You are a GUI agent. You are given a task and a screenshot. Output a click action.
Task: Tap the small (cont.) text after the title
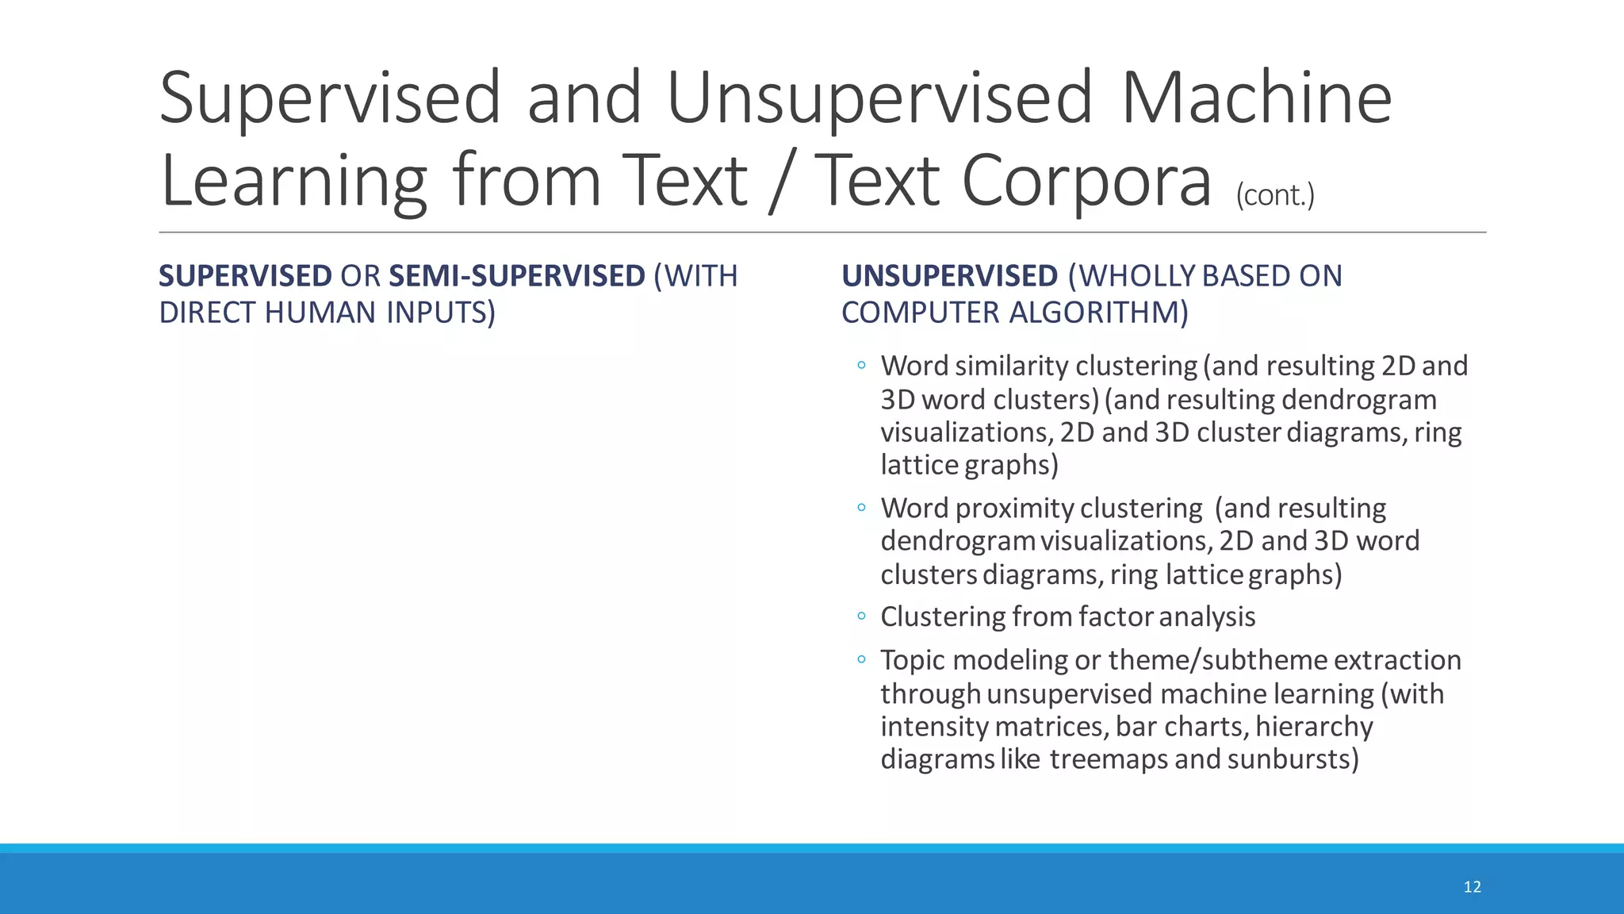point(1274,194)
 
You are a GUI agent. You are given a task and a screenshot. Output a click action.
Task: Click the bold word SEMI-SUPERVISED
point(517,276)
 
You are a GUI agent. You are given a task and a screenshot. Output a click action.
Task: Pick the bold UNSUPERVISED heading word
point(949,276)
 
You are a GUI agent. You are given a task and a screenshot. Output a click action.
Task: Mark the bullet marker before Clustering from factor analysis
point(861,616)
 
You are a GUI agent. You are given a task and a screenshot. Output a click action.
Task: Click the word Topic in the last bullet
point(913,660)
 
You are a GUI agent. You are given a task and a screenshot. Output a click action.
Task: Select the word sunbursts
point(1293,759)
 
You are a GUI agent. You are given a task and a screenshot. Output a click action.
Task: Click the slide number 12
point(1472,886)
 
